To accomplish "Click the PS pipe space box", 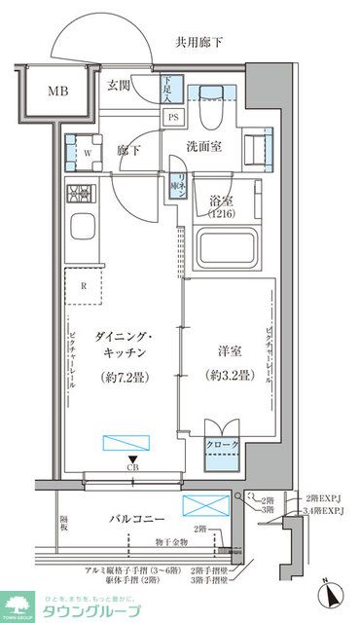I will [173, 118].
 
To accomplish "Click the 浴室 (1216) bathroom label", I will [220, 210].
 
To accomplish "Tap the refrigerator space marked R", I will [84, 287].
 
